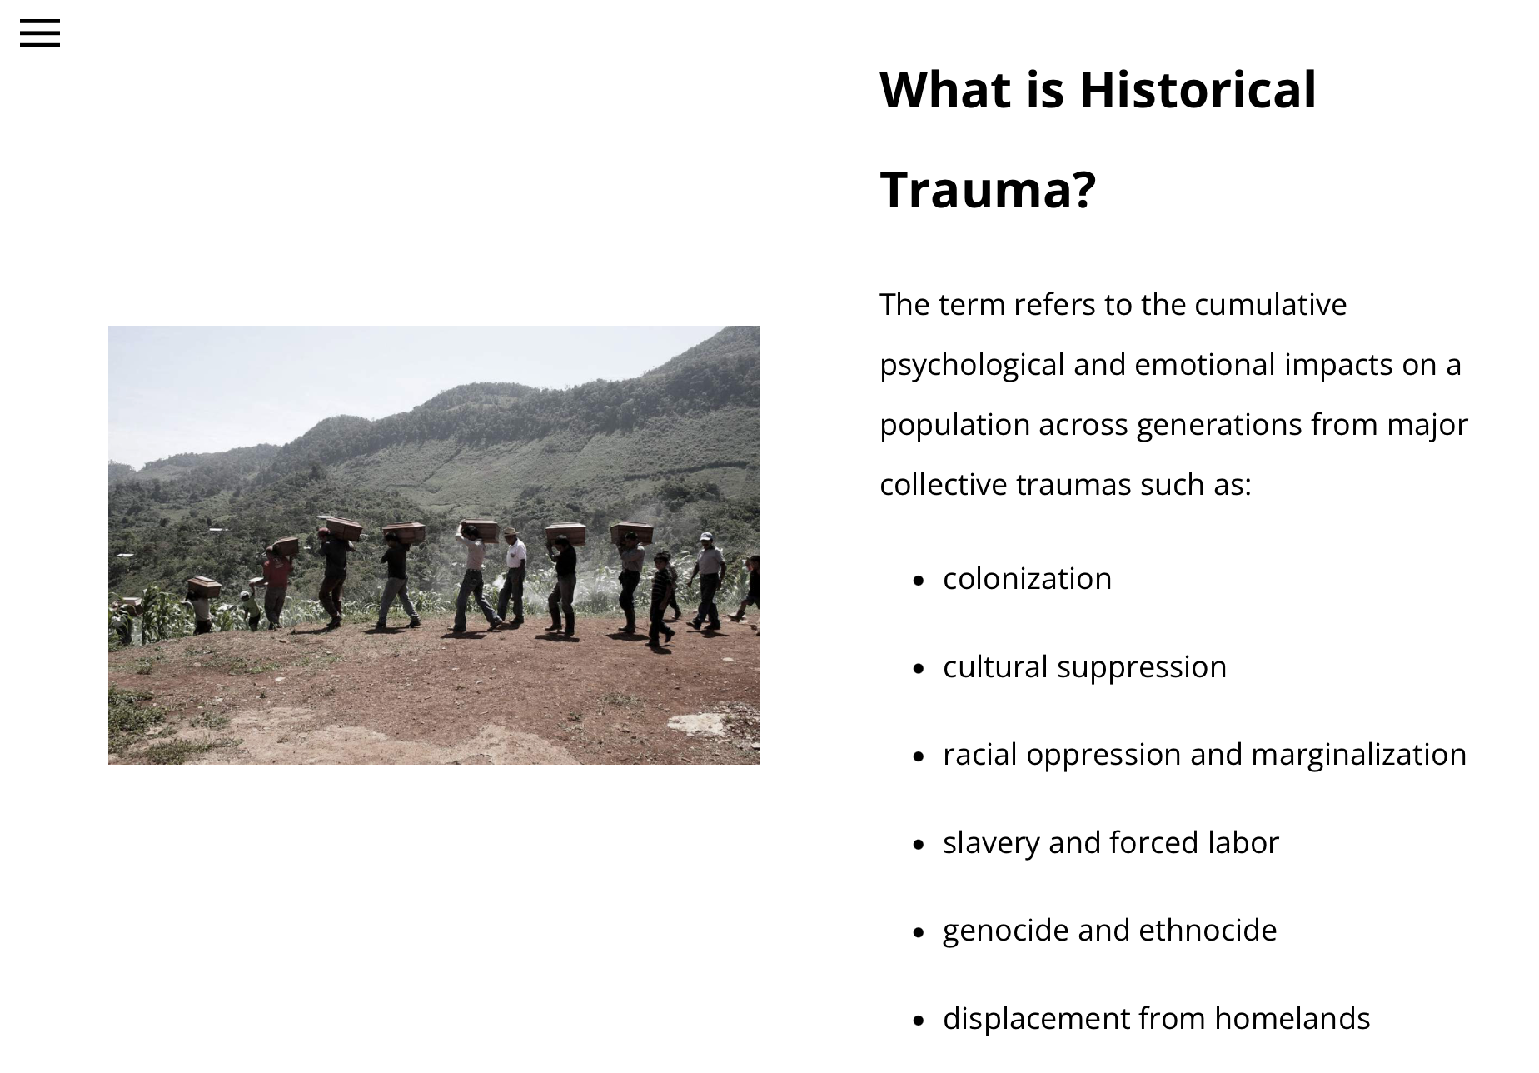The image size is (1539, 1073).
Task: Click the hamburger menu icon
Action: click(x=40, y=33)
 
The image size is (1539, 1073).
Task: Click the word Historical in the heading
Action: click(x=1198, y=89)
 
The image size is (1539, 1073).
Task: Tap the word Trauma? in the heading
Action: click(x=988, y=189)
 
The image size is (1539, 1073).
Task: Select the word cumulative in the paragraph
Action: click(x=1270, y=304)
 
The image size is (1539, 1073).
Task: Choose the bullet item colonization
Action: click(x=1027, y=578)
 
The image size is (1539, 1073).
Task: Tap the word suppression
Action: click(x=1142, y=667)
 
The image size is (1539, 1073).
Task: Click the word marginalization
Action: click(x=1358, y=755)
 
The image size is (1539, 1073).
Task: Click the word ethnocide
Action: click(x=1208, y=931)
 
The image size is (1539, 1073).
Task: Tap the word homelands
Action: click(x=1292, y=1018)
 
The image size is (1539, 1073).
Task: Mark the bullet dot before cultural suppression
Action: click(x=919, y=668)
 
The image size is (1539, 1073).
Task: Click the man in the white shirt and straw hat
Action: click(x=513, y=576)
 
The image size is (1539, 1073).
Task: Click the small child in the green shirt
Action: click(x=250, y=610)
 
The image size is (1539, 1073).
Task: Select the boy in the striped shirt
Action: click(x=661, y=597)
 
